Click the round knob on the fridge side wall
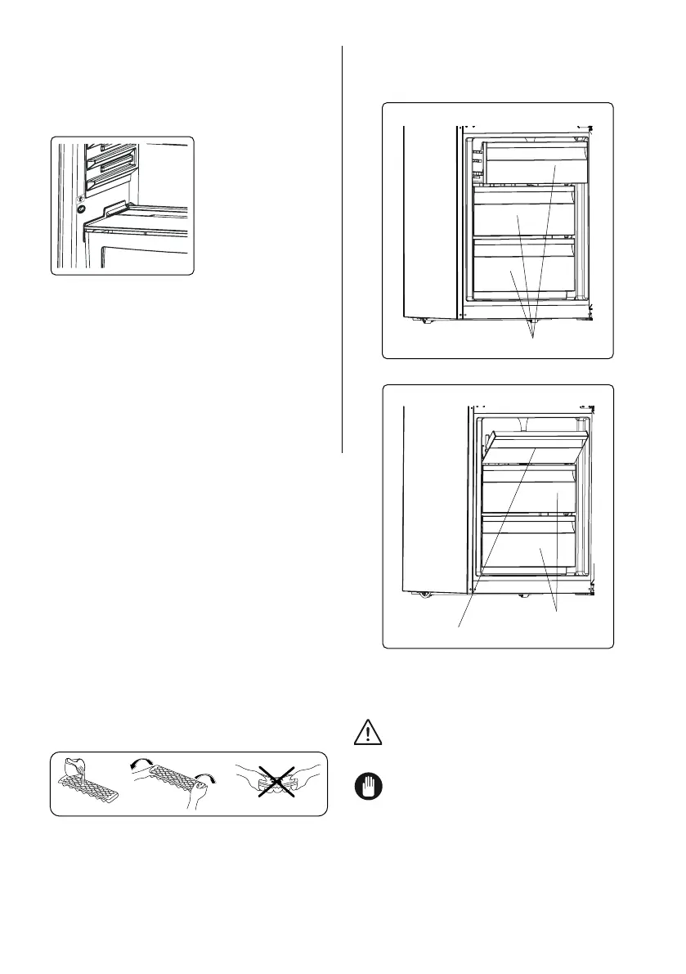(x=80, y=208)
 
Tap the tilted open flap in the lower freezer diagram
(x=536, y=447)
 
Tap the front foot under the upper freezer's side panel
(x=428, y=320)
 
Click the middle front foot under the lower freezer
(x=521, y=594)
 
